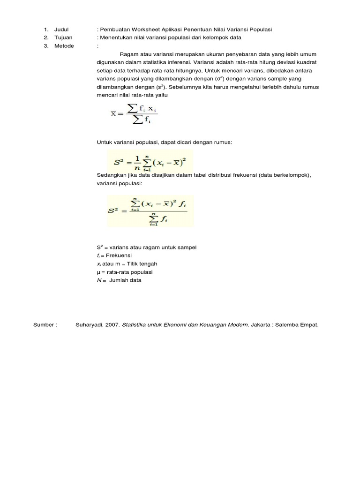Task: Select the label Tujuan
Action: coord(63,37)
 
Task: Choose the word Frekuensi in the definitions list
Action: coord(119,255)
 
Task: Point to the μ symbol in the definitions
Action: coord(98,272)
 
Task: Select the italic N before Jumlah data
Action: coord(98,280)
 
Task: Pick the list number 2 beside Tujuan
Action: coord(46,37)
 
